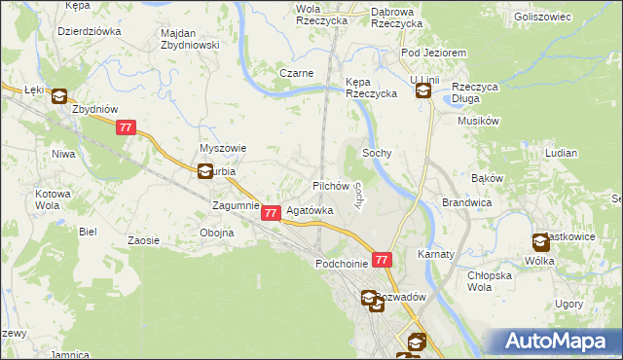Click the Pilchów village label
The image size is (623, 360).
(330, 185)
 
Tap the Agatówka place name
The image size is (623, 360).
(309, 210)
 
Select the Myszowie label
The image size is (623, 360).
(223, 148)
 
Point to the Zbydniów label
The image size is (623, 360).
(95, 109)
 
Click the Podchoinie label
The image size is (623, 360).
(341, 264)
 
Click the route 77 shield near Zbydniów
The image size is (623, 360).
(125, 128)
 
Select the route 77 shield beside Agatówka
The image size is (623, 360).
(272, 212)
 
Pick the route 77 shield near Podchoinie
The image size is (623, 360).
(382, 261)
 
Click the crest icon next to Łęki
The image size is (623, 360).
(58, 96)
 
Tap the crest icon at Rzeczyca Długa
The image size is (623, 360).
(423, 91)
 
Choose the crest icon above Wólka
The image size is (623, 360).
(540, 242)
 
